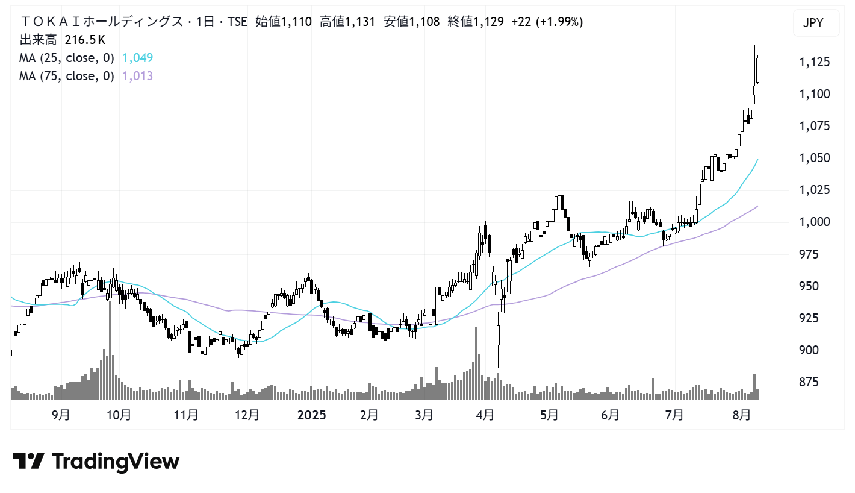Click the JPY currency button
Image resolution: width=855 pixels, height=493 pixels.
tap(813, 24)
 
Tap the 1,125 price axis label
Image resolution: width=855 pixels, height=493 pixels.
tap(814, 62)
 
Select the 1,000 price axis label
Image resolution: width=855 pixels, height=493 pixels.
tap(814, 222)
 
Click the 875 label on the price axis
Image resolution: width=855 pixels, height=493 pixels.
tap(809, 382)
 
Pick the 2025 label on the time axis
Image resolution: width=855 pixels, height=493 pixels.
tap(311, 415)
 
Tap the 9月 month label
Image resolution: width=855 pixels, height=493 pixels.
tap(61, 415)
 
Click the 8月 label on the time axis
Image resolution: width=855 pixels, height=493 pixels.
tap(742, 415)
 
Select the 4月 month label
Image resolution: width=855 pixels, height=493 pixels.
tap(485, 415)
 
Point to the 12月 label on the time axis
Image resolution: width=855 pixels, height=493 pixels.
tap(247, 415)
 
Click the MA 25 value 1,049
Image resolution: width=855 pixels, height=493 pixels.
tap(137, 58)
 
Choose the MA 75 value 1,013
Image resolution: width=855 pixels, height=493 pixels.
tap(137, 76)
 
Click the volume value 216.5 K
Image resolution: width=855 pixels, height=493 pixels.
tap(85, 40)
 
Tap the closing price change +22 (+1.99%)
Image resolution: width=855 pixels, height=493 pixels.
tap(547, 22)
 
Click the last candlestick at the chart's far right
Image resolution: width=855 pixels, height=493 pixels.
tap(758, 70)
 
